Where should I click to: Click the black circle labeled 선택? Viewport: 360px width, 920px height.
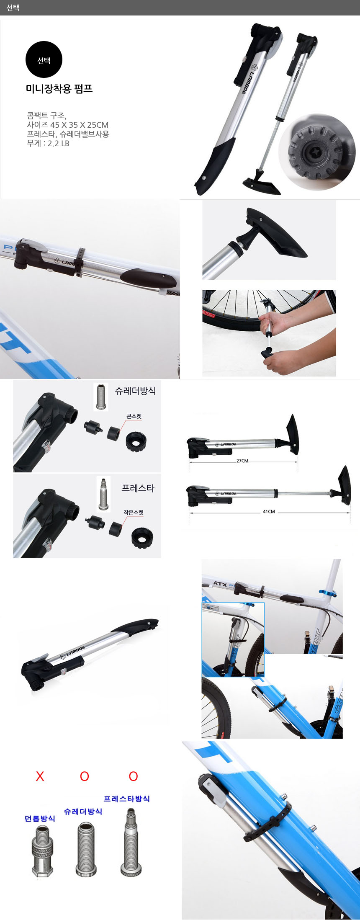(44, 59)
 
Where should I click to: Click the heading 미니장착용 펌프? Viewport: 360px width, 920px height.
(59, 89)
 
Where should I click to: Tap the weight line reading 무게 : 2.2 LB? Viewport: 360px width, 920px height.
(48, 143)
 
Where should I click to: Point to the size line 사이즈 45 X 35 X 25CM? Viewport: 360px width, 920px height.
(68, 125)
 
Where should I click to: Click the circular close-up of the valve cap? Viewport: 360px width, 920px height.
(317, 152)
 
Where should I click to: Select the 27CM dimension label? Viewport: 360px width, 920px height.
(242, 461)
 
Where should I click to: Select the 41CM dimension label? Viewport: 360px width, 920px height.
(269, 511)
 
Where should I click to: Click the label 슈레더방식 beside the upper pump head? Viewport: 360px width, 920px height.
(136, 391)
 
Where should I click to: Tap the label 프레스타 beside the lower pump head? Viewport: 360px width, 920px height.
(138, 488)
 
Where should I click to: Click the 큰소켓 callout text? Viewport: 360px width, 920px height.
(134, 416)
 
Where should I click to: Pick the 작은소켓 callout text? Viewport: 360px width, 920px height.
(134, 512)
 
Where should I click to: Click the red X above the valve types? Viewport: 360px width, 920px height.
(40, 776)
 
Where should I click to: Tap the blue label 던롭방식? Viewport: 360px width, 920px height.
(40, 818)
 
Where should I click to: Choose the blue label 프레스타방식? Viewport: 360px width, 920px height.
(127, 799)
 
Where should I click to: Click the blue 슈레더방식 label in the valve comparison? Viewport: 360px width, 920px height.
(83, 811)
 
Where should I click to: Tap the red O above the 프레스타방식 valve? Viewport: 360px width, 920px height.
(133, 776)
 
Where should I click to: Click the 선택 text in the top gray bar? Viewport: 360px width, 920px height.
(13, 8)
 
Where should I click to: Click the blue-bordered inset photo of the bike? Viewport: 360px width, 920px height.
(233, 639)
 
